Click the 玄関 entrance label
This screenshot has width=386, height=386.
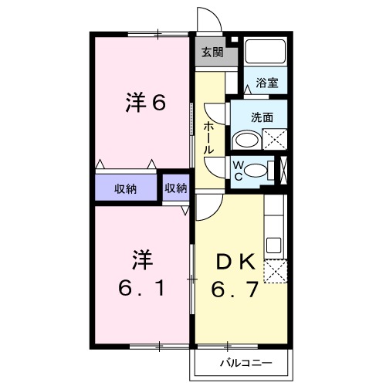click(x=212, y=53)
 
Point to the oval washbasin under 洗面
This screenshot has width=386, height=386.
click(x=246, y=140)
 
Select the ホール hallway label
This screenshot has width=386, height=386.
click(x=208, y=138)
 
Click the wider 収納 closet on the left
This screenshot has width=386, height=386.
click(x=127, y=188)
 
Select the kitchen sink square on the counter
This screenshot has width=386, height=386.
click(x=273, y=245)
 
